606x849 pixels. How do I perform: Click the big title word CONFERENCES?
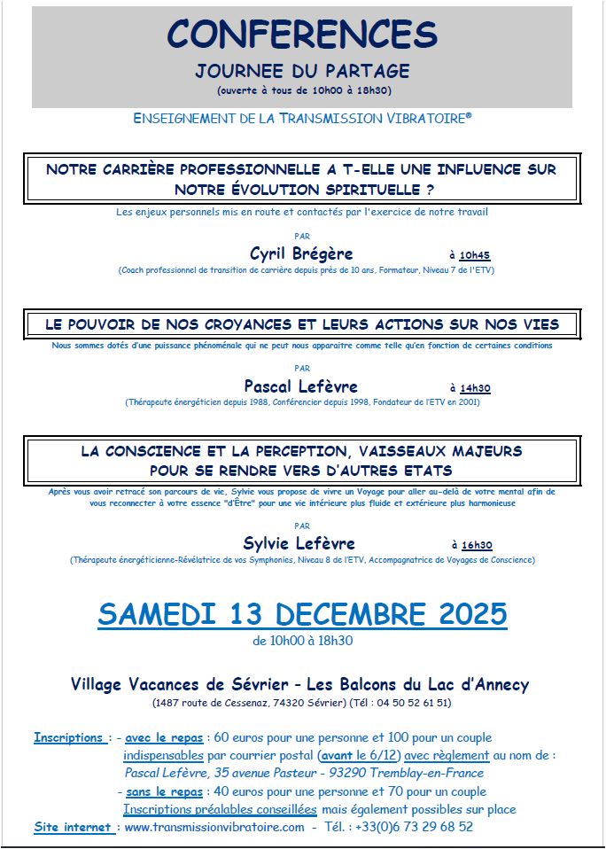302,35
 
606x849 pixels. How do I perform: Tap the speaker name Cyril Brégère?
301,253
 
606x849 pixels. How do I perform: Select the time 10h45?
475,255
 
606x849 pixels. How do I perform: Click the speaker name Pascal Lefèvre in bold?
301,386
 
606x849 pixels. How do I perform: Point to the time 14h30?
475,388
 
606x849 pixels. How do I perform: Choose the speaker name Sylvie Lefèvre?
299,543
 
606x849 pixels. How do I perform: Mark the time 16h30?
477,546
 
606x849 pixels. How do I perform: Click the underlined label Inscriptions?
68,737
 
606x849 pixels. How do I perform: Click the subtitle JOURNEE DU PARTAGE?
302,71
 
